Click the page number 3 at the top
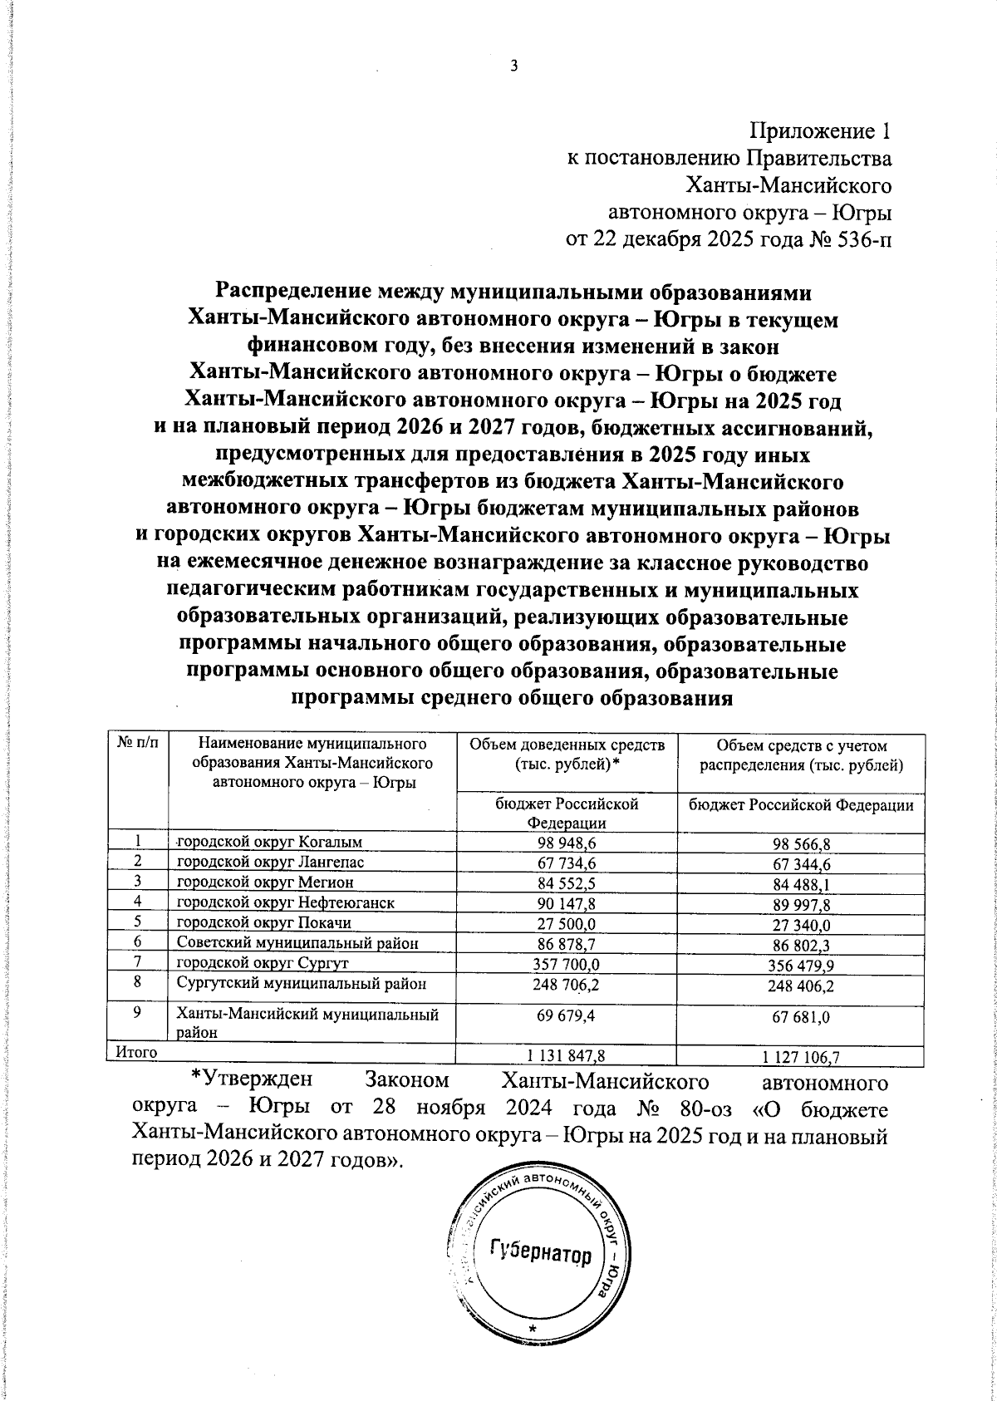[513, 66]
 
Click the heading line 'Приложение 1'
[820, 131]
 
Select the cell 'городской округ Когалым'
[272, 843]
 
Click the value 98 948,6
[567, 843]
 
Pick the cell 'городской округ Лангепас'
[271, 863]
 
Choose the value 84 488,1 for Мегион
[802, 884]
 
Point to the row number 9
[136, 1014]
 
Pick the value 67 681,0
[802, 1017]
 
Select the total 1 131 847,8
[567, 1054]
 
